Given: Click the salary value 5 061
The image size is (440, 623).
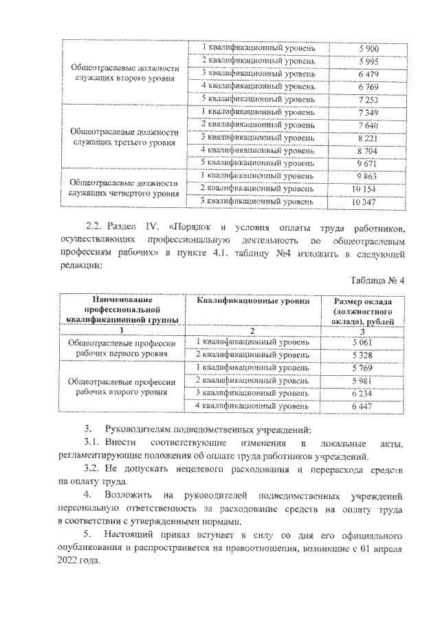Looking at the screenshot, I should click(x=361, y=342).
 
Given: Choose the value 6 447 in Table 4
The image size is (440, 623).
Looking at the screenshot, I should click(x=361, y=407).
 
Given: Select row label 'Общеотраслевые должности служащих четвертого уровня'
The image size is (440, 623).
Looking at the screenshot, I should click(x=124, y=189).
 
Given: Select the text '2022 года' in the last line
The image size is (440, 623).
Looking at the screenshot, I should click(x=79, y=560).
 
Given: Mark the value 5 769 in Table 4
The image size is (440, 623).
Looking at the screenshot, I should click(x=361, y=368).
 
